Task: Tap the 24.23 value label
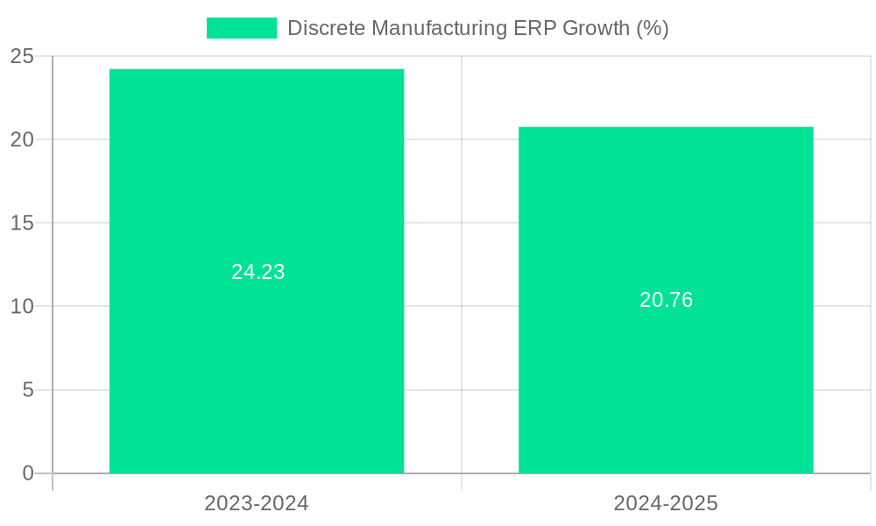click(x=258, y=272)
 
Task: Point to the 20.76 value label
click(x=666, y=300)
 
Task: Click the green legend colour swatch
click(x=241, y=28)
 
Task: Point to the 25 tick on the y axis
click(x=22, y=56)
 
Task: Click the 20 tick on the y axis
click(x=22, y=139)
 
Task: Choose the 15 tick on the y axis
click(x=22, y=223)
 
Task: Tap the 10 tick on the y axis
click(x=22, y=307)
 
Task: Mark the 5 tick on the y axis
click(x=28, y=390)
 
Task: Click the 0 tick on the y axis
click(x=28, y=473)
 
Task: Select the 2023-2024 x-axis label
click(x=257, y=503)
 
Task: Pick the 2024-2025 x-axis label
click(x=666, y=503)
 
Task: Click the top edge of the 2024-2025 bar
click(x=666, y=127)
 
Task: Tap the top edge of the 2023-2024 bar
click(x=257, y=69)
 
